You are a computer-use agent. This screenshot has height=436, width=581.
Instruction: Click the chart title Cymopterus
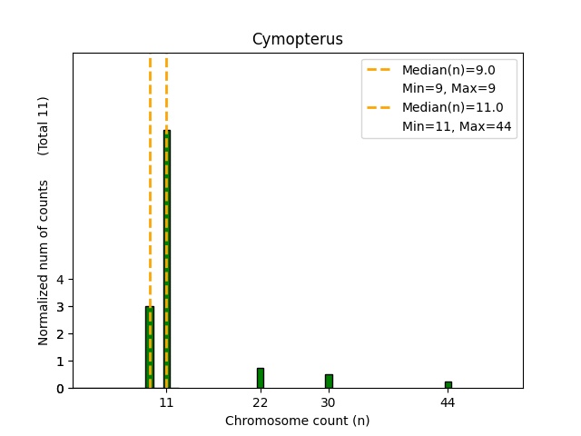click(x=297, y=39)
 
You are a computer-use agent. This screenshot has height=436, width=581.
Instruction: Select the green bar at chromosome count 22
click(x=261, y=378)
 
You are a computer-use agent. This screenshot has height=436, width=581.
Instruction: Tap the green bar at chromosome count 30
click(x=329, y=381)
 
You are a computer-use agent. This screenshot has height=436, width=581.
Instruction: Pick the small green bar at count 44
click(x=448, y=385)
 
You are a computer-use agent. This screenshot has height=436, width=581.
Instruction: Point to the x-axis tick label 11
click(x=167, y=402)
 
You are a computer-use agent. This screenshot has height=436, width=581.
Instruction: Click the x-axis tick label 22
click(x=261, y=402)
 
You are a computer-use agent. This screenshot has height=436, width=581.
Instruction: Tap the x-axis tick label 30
click(x=329, y=402)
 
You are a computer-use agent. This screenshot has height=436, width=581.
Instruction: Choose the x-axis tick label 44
click(x=448, y=402)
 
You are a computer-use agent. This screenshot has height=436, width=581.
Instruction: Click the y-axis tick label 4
click(x=60, y=280)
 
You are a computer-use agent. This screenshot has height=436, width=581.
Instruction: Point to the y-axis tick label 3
click(x=60, y=307)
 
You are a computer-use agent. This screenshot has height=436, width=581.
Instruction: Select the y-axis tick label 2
click(x=60, y=334)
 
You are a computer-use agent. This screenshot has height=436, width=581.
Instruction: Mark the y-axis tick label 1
click(x=60, y=362)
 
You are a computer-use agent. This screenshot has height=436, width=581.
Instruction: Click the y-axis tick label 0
click(x=60, y=389)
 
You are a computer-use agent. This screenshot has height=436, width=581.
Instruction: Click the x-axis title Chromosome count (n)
click(x=297, y=421)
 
